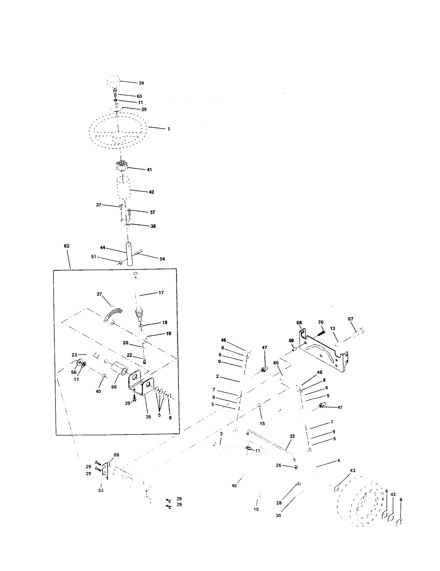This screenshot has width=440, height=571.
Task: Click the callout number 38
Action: pyautogui.click(x=141, y=83)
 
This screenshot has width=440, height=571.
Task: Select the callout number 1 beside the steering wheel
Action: pyautogui.click(x=169, y=129)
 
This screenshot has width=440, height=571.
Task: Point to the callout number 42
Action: pyautogui.click(x=151, y=192)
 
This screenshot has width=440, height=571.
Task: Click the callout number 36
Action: pyautogui.click(x=153, y=226)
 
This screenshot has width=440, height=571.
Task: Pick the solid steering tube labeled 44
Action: pyautogui.click(x=129, y=254)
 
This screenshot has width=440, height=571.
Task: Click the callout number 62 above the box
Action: pyautogui.click(x=67, y=246)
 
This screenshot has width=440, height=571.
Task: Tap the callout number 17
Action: pyautogui.click(x=161, y=293)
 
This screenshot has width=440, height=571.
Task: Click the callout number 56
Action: pyautogui.click(x=74, y=372)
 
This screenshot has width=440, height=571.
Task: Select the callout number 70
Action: pyautogui.click(x=321, y=322)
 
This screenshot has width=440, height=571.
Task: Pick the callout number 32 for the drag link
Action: pyautogui.click(x=292, y=436)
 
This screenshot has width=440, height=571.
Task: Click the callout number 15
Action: pyautogui.click(x=262, y=423)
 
